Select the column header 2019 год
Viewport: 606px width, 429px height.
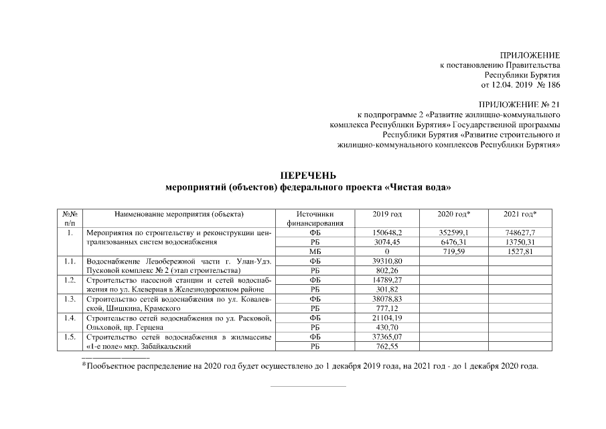pos(387,214)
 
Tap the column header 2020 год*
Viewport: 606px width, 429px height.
pos(453,214)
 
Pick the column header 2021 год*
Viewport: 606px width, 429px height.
pos(520,214)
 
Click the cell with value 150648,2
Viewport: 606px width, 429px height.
pos(387,232)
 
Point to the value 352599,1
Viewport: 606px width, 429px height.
pos(453,232)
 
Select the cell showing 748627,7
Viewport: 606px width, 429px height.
pos(520,232)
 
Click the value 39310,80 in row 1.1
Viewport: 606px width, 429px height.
pos(387,260)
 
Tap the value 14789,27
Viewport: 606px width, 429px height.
pos(387,280)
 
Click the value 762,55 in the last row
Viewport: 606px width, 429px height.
pos(387,347)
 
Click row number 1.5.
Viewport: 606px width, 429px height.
pos(70,337)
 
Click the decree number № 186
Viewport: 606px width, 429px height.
pos(546,85)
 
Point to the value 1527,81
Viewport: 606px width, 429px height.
pos(520,251)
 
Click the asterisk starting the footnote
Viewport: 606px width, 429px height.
pos(84,365)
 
